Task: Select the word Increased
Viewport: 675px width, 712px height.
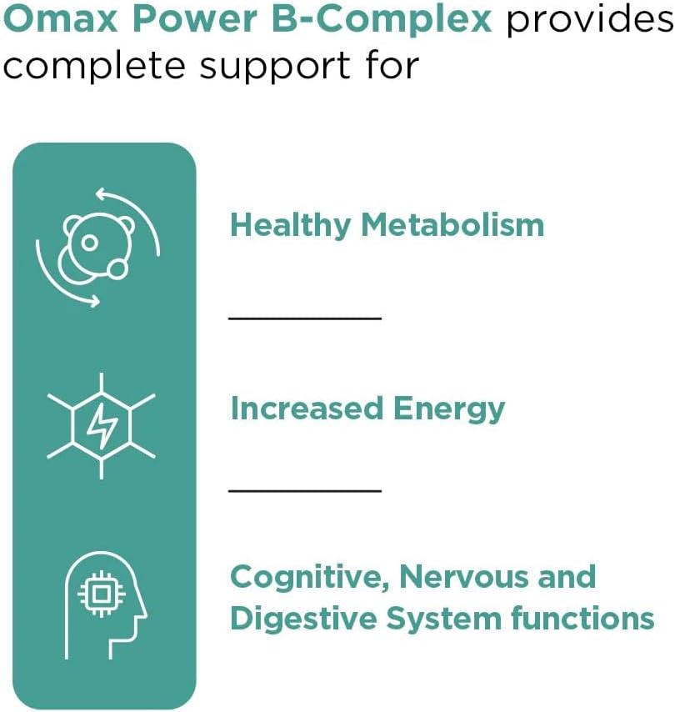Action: point(306,409)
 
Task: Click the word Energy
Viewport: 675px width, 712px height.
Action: point(450,410)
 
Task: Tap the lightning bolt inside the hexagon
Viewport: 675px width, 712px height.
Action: point(102,425)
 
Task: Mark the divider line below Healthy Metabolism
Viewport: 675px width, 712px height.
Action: point(304,318)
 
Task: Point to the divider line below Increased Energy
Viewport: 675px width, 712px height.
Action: point(304,490)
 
